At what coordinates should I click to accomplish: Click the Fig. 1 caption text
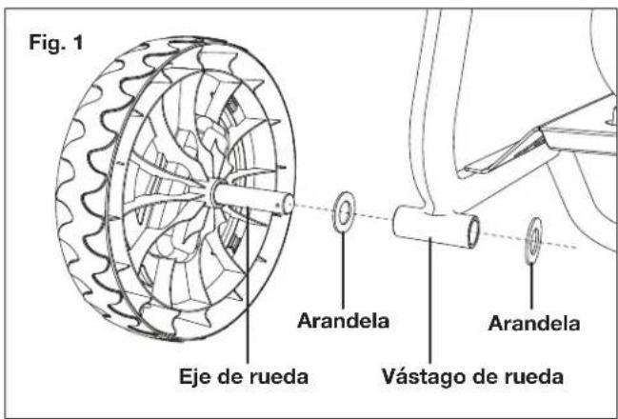coord(56,43)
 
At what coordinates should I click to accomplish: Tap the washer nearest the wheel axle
coord(344,212)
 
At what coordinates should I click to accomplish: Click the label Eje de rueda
coord(244,376)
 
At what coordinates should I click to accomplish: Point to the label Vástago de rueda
coord(472,376)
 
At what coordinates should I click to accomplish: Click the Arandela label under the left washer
coord(343,321)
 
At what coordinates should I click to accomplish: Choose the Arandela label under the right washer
coord(533,324)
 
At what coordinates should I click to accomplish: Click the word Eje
coord(194,377)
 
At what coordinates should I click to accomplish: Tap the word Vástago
coord(424,376)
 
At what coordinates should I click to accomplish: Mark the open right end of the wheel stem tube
coord(473,232)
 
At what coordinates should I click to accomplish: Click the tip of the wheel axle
coord(289,204)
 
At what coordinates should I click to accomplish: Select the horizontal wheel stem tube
coord(436,228)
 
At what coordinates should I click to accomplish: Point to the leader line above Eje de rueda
coord(248,284)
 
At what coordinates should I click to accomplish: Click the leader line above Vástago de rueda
coord(430,300)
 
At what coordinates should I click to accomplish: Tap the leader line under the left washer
coord(343,270)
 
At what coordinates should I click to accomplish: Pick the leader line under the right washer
coord(531,287)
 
